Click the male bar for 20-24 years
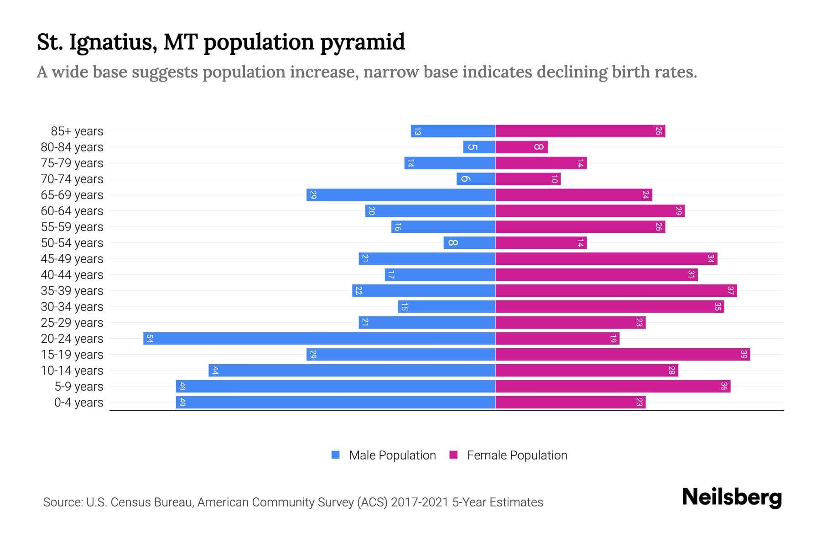[x=319, y=339]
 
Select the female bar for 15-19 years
[x=623, y=355]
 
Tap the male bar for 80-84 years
[x=479, y=147]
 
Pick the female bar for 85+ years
[x=580, y=131]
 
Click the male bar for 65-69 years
[x=401, y=195]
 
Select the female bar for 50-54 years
[x=541, y=243]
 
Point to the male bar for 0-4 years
[x=336, y=403]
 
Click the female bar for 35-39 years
[x=616, y=291]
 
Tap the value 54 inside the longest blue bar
[x=150, y=339]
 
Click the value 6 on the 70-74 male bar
[x=464, y=179]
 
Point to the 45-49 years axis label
[x=72, y=259]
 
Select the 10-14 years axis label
[x=72, y=371]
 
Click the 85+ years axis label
[x=77, y=131]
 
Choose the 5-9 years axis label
[x=79, y=387]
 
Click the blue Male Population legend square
[x=336, y=455]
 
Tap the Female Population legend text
[x=517, y=455]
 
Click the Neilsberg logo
[x=732, y=497]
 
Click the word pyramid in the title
[x=362, y=42]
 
